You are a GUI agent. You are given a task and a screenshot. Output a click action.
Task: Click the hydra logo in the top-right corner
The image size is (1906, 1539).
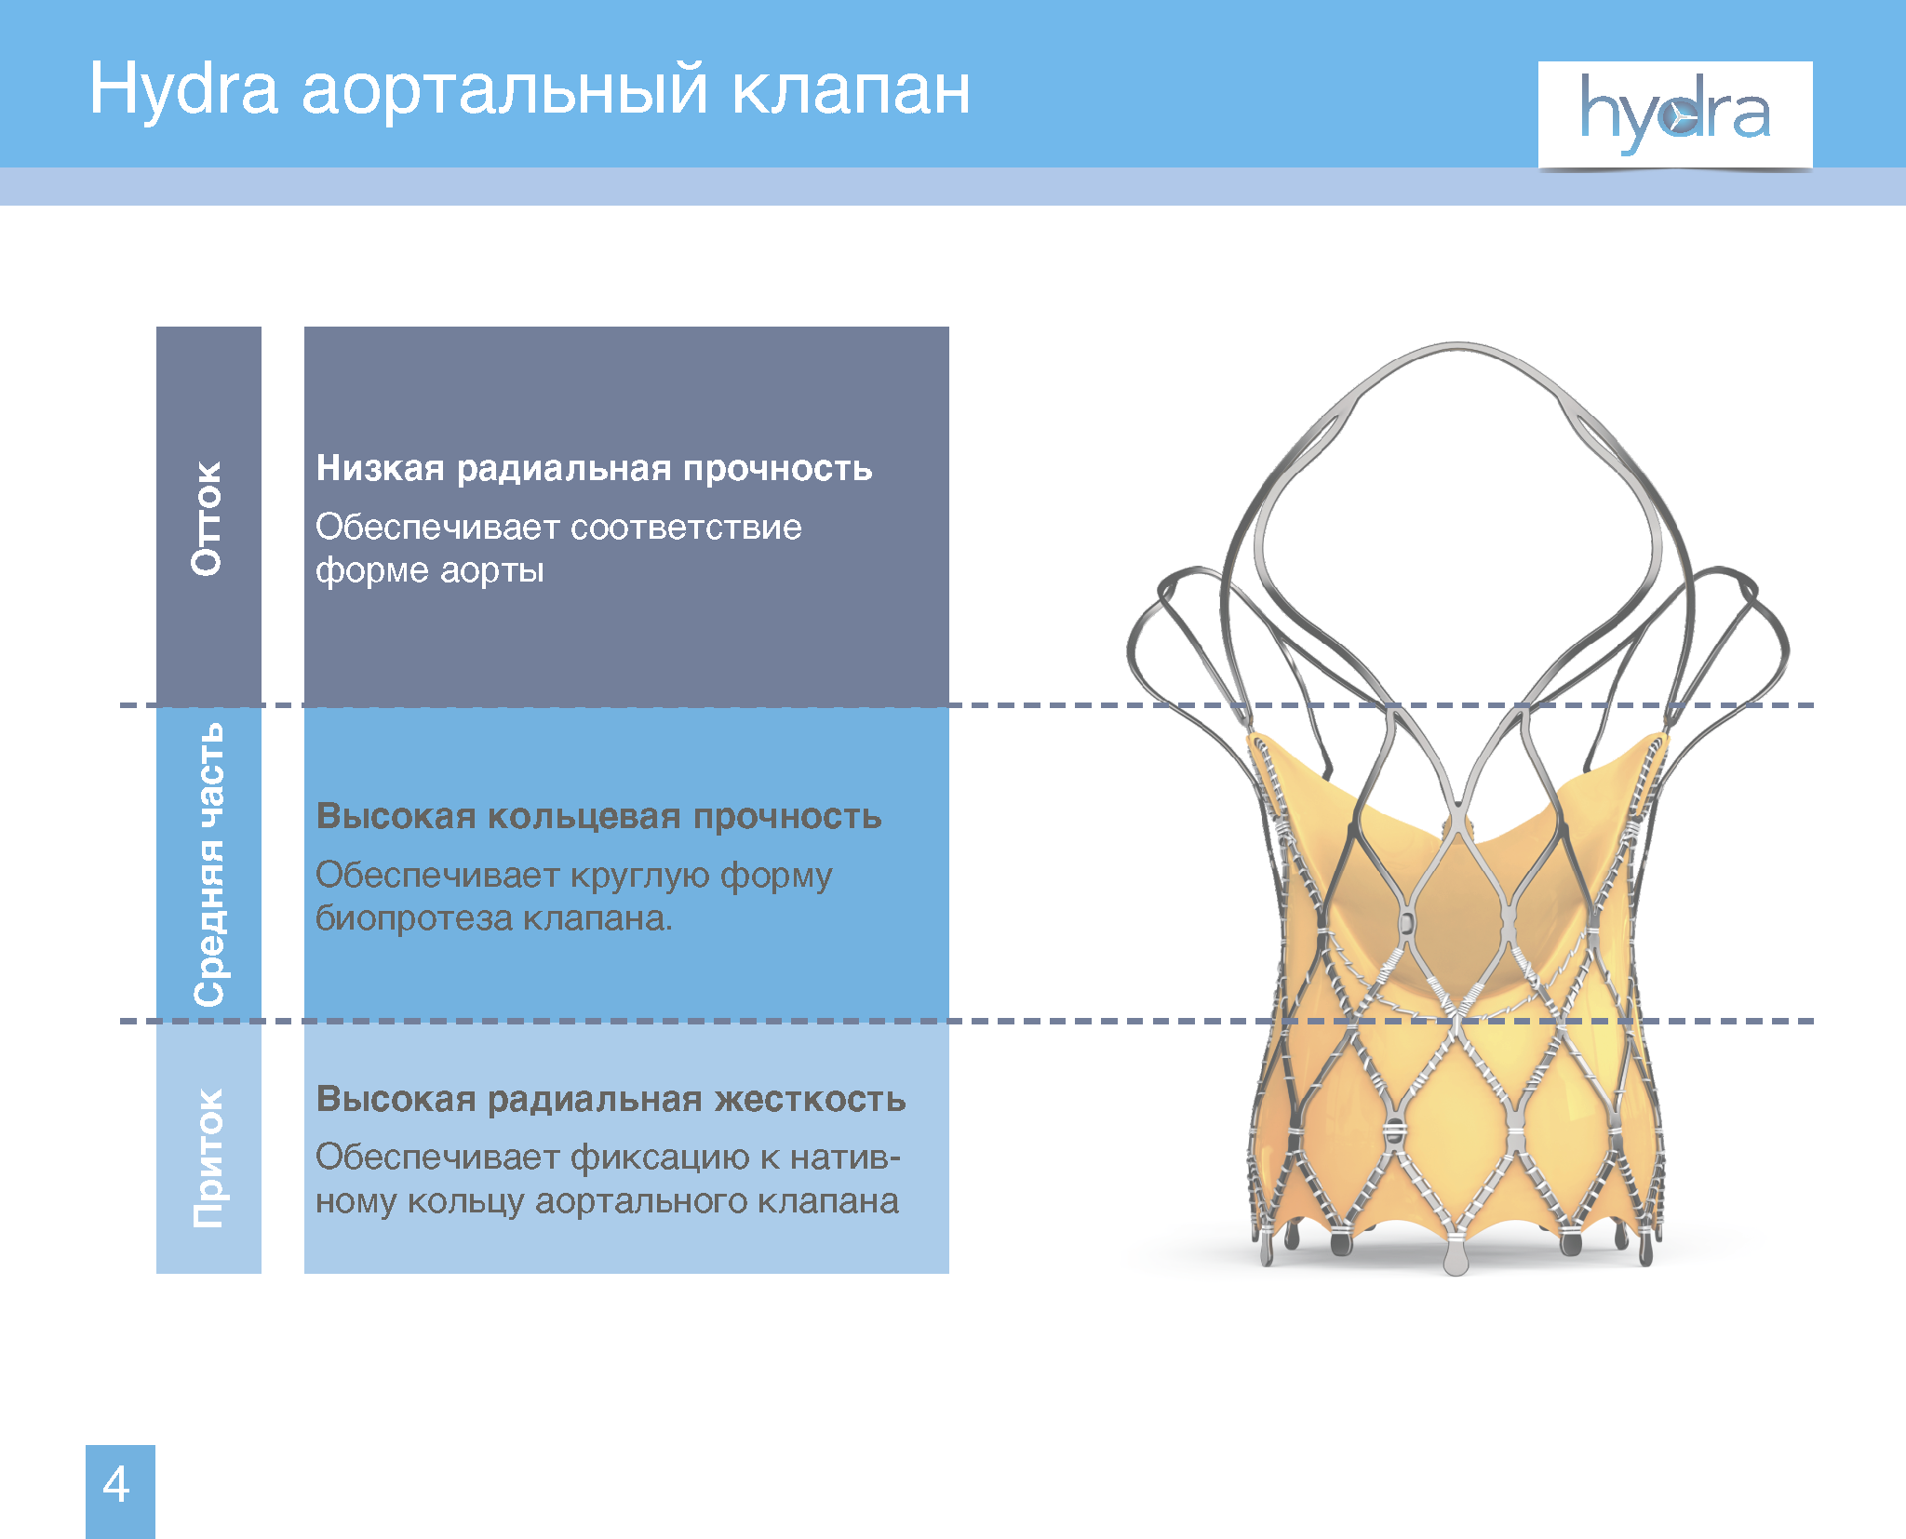[1675, 115]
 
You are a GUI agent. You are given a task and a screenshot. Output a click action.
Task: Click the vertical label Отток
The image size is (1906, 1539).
[208, 518]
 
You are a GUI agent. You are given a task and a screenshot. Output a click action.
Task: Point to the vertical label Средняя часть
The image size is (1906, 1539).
[208, 864]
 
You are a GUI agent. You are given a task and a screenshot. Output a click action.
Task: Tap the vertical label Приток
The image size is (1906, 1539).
[208, 1158]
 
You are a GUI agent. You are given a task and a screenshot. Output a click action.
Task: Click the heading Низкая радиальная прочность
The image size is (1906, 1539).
[594, 468]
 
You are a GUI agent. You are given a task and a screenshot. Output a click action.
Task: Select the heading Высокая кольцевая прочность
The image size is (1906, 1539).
[598, 816]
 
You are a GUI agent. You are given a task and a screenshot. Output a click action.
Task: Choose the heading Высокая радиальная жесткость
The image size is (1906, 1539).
[611, 1099]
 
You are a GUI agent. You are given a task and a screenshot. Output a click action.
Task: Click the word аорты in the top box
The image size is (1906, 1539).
[491, 570]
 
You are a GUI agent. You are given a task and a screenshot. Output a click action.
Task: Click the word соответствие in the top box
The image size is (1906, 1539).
[686, 528]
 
